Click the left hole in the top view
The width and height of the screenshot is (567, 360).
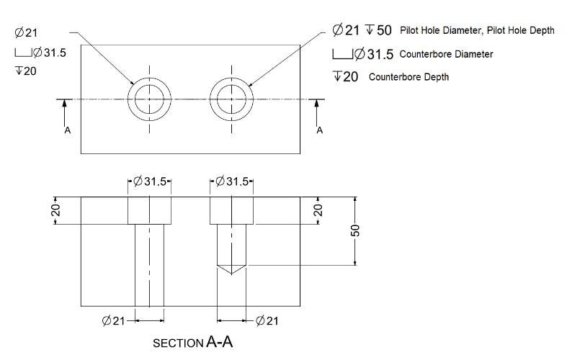(150, 99)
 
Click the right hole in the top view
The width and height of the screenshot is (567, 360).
(231, 99)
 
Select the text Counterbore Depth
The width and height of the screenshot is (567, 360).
(408, 77)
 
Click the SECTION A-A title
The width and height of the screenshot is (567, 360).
(192, 343)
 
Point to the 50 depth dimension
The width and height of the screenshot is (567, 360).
(354, 231)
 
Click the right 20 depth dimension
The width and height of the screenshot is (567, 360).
(318, 210)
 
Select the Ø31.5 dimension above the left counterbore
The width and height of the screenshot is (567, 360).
(150, 181)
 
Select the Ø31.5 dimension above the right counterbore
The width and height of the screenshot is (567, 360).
(231, 181)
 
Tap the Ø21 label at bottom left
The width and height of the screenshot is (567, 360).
(114, 320)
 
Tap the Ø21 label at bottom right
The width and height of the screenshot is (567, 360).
(267, 320)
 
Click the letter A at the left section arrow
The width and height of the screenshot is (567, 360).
(67, 130)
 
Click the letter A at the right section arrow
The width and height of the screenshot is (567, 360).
(320, 130)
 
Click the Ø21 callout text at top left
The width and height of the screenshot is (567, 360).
(26, 32)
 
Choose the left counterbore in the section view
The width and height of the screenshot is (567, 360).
(150, 210)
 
